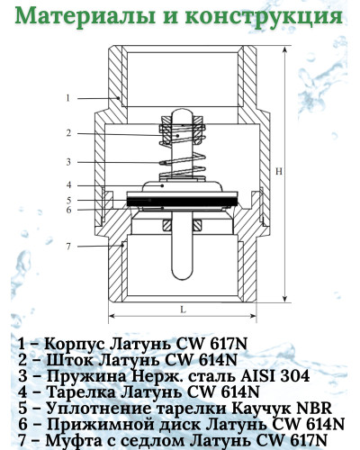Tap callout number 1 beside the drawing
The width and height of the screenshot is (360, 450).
(x=68, y=98)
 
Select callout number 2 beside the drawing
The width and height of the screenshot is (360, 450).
(x=68, y=133)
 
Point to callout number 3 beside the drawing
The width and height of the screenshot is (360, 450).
(x=68, y=162)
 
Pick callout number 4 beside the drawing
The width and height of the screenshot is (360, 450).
(x=69, y=185)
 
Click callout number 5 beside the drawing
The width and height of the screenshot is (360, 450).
(x=69, y=200)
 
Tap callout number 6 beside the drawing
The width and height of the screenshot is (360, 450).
(x=69, y=210)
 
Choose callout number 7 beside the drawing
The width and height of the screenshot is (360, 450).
(x=68, y=247)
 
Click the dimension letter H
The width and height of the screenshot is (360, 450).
(x=279, y=172)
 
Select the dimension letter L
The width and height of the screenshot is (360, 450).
(x=183, y=310)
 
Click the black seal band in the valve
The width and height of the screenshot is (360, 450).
(x=182, y=201)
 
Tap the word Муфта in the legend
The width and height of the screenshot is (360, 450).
(x=73, y=441)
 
